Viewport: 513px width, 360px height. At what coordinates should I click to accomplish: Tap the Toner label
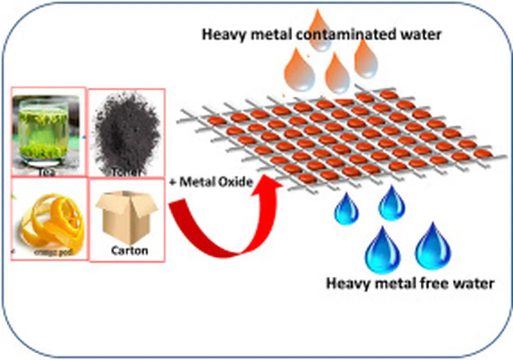pos(126,172)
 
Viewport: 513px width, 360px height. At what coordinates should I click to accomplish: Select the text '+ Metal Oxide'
pos(210,182)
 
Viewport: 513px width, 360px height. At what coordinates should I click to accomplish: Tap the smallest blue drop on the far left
pos(346,210)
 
